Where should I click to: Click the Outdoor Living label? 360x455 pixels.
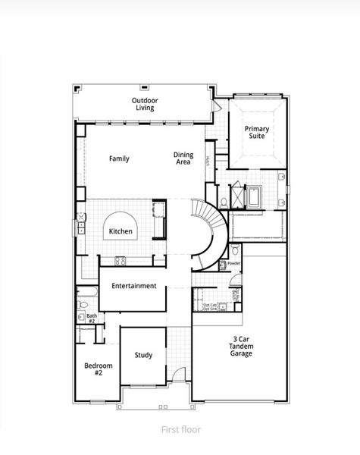pos(143,104)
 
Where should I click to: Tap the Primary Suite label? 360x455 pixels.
pos(256,133)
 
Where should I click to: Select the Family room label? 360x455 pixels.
pos(119,158)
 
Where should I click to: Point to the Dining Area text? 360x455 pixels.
pos(183,158)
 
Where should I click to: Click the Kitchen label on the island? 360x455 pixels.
pos(121,231)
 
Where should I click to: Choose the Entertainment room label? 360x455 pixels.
pos(133,286)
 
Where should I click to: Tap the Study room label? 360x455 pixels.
pos(143,354)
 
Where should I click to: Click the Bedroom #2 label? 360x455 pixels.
pos(98,369)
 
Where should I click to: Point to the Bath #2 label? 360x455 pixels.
pos(91,318)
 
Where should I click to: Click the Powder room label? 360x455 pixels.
pos(233,263)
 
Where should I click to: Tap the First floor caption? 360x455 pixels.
pos(180,429)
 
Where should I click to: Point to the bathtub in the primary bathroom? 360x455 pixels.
pos(253,197)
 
